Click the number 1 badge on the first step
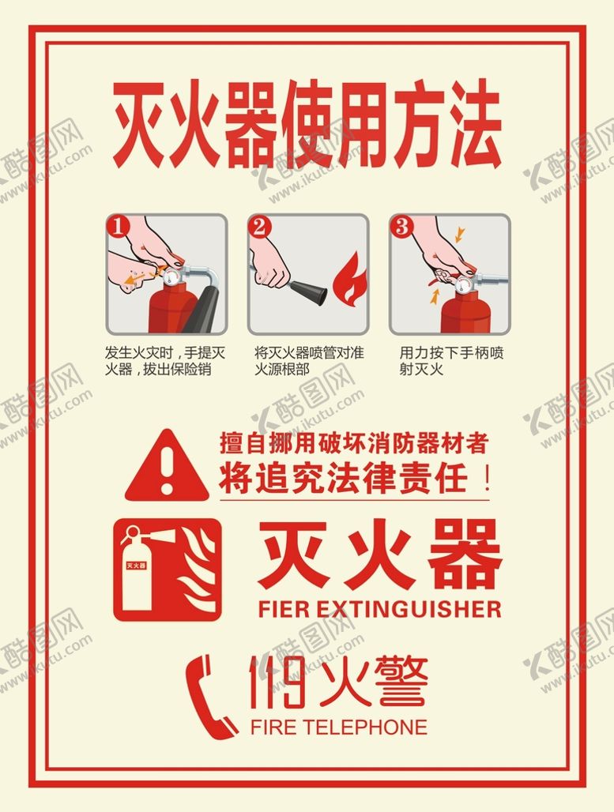[x=119, y=227]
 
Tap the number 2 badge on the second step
[x=260, y=227]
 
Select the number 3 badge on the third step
[x=401, y=227]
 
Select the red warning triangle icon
[x=167, y=465]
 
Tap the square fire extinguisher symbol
[x=168, y=570]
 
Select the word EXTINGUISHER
[x=409, y=609]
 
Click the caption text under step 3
[x=451, y=361]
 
